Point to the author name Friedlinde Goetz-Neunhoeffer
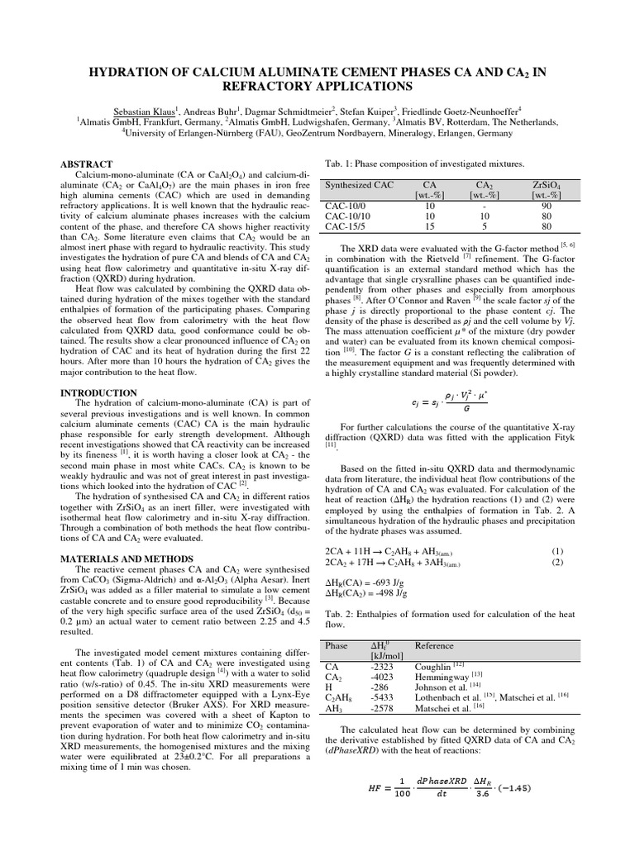pyautogui.click(x=461, y=108)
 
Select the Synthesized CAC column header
pyautogui.click(x=360, y=185)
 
